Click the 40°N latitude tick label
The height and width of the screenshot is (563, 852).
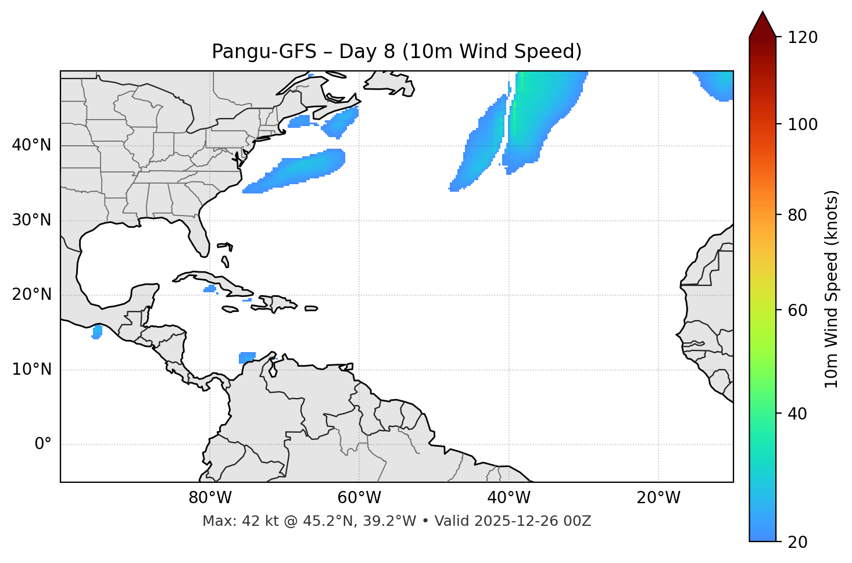31,145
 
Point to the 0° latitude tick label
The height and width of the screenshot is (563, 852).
43,444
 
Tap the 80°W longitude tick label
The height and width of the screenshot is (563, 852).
210,498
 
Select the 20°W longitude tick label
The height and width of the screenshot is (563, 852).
658,498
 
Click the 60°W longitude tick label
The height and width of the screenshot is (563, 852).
359,498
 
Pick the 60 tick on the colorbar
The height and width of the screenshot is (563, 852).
801,310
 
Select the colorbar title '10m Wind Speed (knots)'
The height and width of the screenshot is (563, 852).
832,289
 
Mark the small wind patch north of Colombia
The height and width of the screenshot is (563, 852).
247,357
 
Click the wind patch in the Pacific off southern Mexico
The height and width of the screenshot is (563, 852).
97,332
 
